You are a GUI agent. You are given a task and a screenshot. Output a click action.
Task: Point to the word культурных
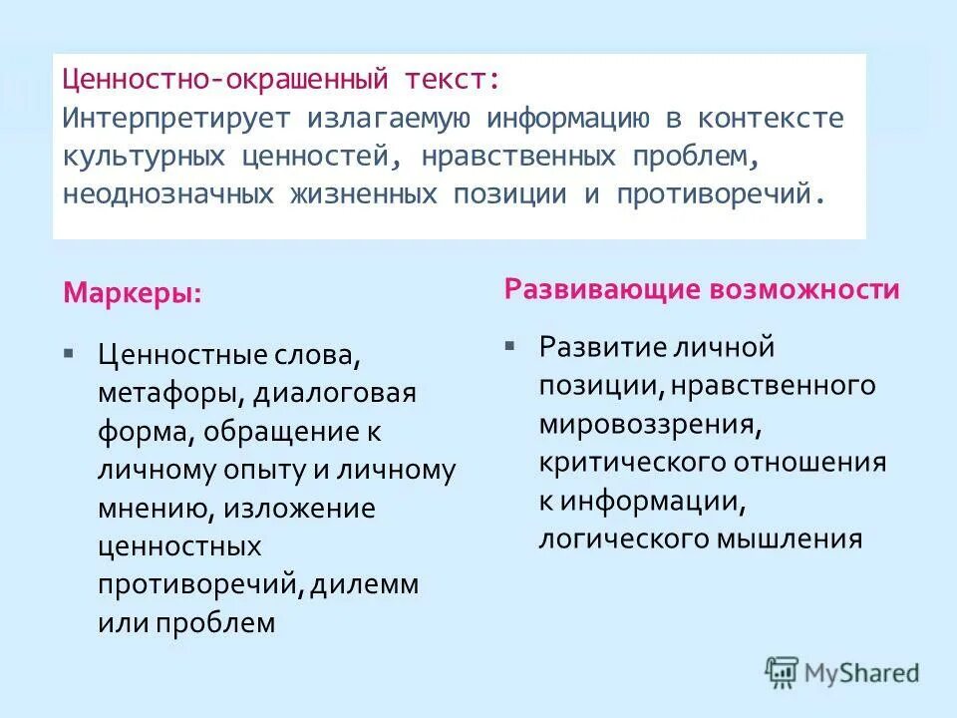click(x=143, y=156)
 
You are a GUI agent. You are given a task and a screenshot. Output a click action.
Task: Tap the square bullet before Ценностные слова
click(x=68, y=353)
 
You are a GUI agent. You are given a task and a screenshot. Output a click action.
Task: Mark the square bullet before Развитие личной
click(x=509, y=346)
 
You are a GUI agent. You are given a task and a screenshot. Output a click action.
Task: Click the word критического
click(x=633, y=463)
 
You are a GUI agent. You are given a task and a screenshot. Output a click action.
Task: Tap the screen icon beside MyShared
click(x=783, y=671)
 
